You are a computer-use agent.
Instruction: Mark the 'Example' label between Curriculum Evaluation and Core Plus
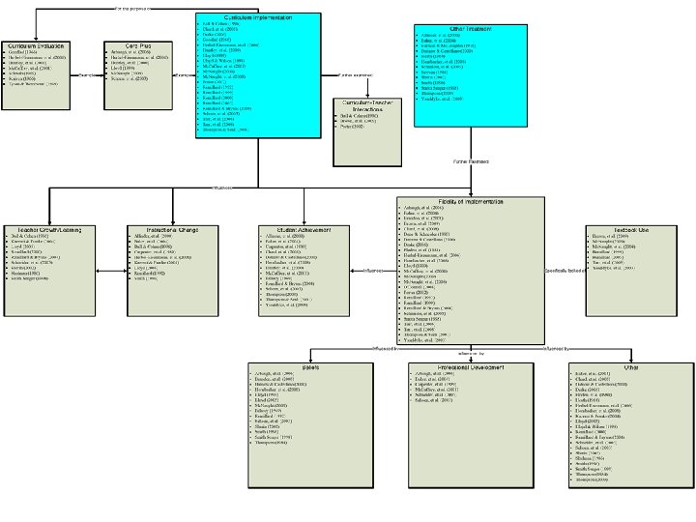click(x=87, y=73)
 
